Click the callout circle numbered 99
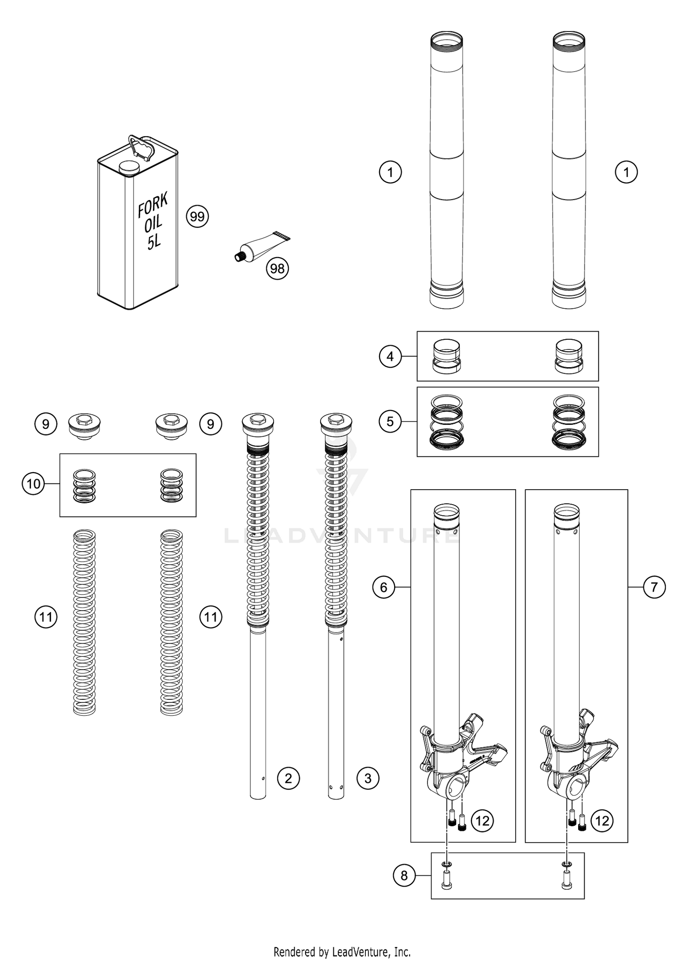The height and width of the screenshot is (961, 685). pyautogui.click(x=197, y=216)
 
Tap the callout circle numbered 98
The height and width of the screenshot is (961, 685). pyautogui.click(x=278, y=269)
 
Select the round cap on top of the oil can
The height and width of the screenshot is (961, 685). pyautogui.click(x=128, y=167)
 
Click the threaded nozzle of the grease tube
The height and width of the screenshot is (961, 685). pyautogui.click(x=239, y=257)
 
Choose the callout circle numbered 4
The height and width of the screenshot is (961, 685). pyautogui.click(x=390, y=356)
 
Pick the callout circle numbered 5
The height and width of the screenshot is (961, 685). pyautogui.click(x=390, y=421)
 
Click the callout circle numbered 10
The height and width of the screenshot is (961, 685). pyautogui.click(x=33, y=484)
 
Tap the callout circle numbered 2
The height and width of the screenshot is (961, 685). pyautogui.click(x=288, y=778)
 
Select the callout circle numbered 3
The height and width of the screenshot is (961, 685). pyautogui.click(x=368, y=778)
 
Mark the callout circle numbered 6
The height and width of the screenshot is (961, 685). pyautogui.click(x=384, y=587)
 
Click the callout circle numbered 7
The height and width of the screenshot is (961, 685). pyautogui.click(x=654, y=587)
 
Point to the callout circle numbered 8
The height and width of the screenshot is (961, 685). pyautogui.click(x=404, y=875)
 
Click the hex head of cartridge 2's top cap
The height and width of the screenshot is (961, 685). pyautogui.click(x=258, y=417)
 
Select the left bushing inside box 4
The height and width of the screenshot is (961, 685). pyautogui.click(x=446, y=357)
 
